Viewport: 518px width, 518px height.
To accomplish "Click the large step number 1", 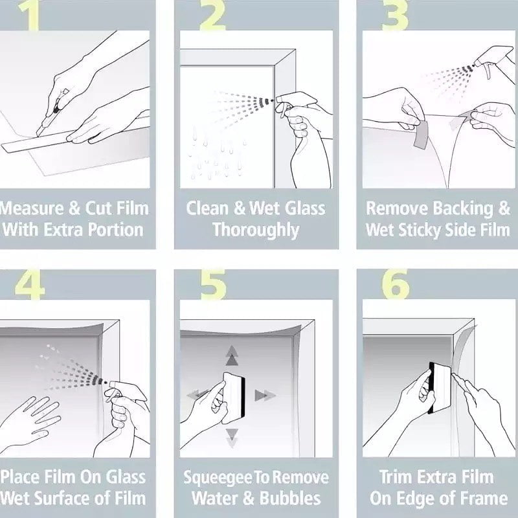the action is point(30,16).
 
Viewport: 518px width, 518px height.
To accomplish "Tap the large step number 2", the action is point(213,16).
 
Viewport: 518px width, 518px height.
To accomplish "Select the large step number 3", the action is point(395,16).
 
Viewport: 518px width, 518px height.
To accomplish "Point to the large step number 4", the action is point(30,284).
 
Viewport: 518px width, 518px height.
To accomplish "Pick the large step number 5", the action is point(214,284).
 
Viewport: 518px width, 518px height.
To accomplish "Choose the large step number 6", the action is point(396,284).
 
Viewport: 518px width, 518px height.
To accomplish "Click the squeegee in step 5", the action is point(234,398).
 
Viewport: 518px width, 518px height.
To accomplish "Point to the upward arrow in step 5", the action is point(232,355).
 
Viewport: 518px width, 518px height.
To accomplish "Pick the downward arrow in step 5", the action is point(232,438).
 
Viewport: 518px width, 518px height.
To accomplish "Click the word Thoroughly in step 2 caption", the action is point(256,231).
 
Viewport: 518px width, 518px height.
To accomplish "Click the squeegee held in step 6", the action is point(440,388).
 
